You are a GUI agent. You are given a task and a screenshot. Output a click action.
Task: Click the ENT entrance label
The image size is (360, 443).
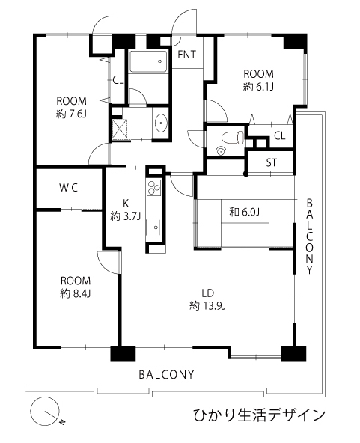pos(186,55)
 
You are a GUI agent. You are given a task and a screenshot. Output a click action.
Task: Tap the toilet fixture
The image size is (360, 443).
pos(233,137)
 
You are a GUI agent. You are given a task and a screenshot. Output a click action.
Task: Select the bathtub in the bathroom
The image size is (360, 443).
pos(147,61)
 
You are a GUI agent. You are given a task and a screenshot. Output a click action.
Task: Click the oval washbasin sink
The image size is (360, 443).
pos(161,123)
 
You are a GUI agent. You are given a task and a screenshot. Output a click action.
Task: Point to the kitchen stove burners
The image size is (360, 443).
pos(153,187)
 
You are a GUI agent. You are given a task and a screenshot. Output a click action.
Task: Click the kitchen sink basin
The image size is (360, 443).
pos(153,227)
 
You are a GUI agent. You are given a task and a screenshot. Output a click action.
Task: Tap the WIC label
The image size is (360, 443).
pos(68,187)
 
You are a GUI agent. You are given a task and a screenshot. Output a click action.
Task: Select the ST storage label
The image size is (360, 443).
pos(272,162)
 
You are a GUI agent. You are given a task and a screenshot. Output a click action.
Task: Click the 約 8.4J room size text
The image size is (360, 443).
pos(75,294)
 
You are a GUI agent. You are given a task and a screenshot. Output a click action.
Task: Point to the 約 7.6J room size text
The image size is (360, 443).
pos(71,114)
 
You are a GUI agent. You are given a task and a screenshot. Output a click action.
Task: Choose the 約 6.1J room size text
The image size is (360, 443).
pos(258,87)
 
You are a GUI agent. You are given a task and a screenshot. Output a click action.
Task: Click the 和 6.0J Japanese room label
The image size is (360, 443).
pos(245,212)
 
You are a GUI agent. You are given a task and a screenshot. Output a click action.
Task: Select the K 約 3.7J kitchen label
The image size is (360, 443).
pos(125,210)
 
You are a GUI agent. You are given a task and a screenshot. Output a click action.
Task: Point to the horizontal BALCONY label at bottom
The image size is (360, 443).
pos(167,375)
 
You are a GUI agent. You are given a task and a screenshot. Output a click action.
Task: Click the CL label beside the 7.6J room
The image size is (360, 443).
pos(118,81)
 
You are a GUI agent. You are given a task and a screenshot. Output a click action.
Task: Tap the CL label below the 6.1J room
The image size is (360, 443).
pos(279,136)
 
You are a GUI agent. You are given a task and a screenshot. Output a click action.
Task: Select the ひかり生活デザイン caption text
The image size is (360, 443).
pos(259,415)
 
